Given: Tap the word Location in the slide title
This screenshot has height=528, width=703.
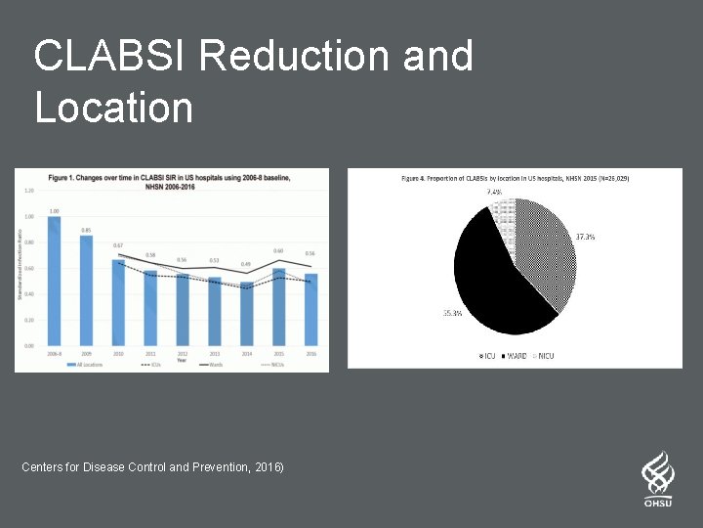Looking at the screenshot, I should pyautogui.click(x=114, y=107).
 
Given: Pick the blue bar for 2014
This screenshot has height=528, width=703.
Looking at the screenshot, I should pyautogui.click(x=247, y=314).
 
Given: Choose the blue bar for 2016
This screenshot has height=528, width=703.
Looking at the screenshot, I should pyautogui.click(x=310, y=309).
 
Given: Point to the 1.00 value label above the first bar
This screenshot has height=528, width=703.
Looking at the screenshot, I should pyautogui.click(x=54, y=211).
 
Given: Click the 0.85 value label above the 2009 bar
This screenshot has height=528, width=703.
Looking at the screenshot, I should pyautogui.click(x=86, y=231).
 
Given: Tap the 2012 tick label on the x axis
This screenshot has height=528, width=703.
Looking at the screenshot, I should pyautogui.click(x=182, y=353).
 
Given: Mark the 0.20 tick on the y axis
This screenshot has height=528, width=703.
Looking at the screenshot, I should pyautogui.click(x=29, y=320).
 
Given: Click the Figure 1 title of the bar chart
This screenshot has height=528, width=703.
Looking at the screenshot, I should pyautogui.click(x=171, y=181).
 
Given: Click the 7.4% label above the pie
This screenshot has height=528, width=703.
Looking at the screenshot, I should pyautogui.click(x=495, y=193).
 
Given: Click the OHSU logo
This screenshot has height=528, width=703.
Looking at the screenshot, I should pyautogui.click(x=658, y=478).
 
